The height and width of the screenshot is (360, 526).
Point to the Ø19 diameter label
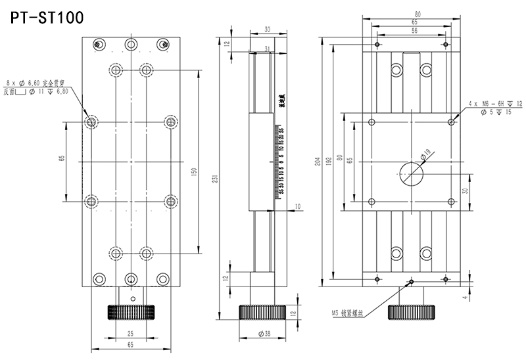coord(426,154)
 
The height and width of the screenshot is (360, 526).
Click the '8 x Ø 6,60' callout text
coord(36,84)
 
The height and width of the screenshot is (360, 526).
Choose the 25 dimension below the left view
coord(130,333)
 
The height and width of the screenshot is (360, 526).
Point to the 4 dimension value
coord(464,298)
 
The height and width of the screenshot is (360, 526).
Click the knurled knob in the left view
coord(131,311)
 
